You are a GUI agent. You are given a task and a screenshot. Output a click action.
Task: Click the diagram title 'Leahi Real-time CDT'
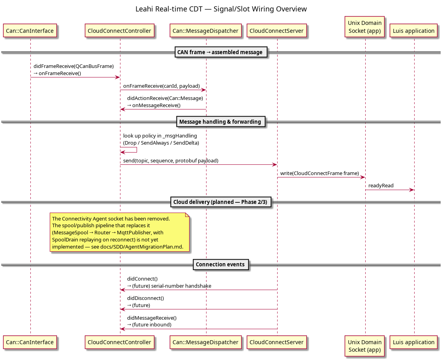[x=169, y=9]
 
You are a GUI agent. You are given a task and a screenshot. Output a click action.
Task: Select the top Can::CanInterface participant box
[x=30, y=31]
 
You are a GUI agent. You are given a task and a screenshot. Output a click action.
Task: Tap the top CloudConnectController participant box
[x=120, y=31]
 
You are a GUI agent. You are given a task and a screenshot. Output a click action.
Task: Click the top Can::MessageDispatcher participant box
[x=205, y=31]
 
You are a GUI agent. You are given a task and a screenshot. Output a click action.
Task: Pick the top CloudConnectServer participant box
[x=276, y=31]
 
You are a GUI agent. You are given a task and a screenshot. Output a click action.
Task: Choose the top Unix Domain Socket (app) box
[x=365, y=27]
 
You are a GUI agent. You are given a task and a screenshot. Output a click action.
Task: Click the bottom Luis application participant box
[x=413, y=342]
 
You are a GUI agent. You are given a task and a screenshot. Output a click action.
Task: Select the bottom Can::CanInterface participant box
[x=30, y=342]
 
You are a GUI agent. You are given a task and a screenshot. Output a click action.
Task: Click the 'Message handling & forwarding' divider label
[x=221, y=122]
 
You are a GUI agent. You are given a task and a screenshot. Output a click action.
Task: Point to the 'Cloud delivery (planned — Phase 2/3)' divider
[x=220, y=202]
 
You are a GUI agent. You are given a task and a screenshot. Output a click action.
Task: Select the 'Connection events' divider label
[x=220, y=264]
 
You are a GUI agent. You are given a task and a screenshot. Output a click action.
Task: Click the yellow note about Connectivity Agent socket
[x=120, y=232]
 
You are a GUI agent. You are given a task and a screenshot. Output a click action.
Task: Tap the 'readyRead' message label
[x=381, y=186]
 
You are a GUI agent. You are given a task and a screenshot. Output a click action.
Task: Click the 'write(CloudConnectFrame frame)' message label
[x=319, y=173]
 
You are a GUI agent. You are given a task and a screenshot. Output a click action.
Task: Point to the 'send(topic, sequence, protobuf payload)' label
[x=171, y=161]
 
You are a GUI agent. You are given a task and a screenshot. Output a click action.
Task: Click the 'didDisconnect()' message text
[x=145, y=298]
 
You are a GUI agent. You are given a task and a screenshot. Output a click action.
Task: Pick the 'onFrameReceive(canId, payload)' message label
[x=161, y=86]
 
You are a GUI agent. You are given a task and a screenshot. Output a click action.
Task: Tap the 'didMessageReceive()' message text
[x=152, y=318]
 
